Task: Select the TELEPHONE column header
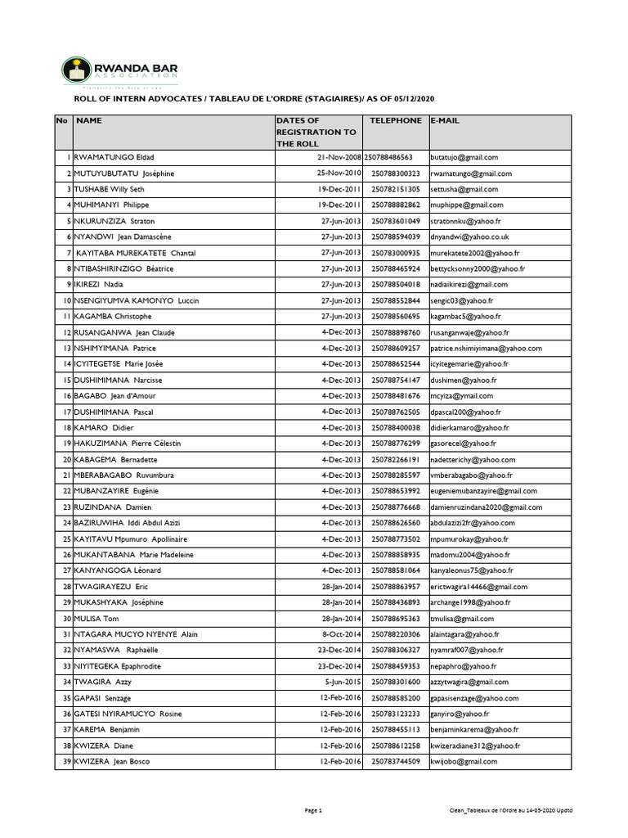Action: click(395, 120)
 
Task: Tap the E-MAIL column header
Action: click(446, 120)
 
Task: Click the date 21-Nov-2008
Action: click(339, 157)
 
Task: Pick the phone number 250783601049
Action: click(396, 221)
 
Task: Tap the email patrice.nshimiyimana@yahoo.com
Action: click(489, 348)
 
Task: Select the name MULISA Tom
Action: click(96, 619)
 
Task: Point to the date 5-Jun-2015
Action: click(343, 682)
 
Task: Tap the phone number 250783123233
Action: click(396, 714)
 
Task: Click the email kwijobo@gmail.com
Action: click(464, 761)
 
